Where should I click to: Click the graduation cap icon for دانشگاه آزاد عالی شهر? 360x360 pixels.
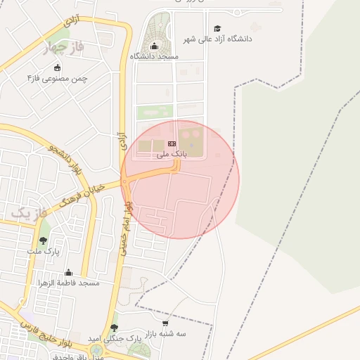pos(216,28)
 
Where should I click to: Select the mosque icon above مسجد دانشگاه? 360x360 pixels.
pos(155,46)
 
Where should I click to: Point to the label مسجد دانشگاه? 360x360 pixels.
pos(155,56)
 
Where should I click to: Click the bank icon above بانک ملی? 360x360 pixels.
pos(172,143)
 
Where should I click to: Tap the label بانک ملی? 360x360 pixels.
pos(172,152)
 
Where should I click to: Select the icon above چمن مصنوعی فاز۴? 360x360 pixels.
pos(57,68)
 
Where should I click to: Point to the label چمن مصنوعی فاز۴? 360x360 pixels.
pos(57,78)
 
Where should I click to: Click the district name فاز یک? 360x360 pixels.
pos(29,212)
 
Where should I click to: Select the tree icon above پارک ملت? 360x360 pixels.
pos(43,240)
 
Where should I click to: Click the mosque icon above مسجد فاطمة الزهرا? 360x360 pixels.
pos(69,272)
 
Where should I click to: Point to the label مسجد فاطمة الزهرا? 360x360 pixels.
pos(69,283)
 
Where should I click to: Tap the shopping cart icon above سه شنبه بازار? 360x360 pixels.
pos(165,323)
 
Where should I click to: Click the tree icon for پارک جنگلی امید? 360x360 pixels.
pos(114,328)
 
